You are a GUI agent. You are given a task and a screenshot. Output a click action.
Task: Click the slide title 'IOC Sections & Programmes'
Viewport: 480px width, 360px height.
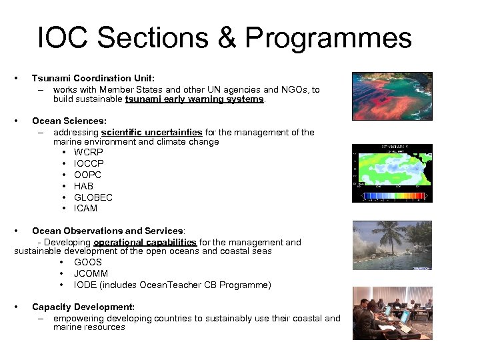(225, 38)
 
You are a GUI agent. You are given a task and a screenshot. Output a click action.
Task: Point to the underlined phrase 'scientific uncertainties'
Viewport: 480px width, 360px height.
(151, 132)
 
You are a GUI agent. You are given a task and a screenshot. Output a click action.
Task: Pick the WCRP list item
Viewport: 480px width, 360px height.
(89, 153)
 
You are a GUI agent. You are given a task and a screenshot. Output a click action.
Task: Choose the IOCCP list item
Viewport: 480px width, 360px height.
(89, 163)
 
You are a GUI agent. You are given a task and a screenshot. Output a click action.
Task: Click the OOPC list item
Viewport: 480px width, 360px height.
(89, 175)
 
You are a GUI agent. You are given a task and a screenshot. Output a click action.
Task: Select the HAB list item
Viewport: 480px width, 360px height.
(83, 186)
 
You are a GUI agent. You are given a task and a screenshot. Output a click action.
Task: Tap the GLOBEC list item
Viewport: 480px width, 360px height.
(93, 197)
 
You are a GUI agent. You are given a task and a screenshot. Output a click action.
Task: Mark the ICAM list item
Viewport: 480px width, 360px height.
(85, 208)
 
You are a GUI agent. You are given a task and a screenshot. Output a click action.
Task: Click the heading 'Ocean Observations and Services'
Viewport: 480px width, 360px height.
(107, 231)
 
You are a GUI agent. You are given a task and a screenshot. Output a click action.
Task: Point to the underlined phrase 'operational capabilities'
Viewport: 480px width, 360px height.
(145, 242)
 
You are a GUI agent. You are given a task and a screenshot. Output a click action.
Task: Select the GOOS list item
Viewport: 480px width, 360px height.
(88, 263)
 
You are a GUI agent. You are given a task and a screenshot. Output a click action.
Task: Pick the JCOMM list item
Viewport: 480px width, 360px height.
(91, 273)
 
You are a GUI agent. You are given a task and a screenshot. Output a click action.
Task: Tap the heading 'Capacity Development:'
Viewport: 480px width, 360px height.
(83, 307)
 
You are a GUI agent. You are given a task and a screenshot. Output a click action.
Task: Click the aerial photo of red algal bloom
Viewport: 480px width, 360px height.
(392, 101)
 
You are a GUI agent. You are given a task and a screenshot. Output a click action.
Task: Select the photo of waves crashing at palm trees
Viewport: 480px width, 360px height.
(392, 245)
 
